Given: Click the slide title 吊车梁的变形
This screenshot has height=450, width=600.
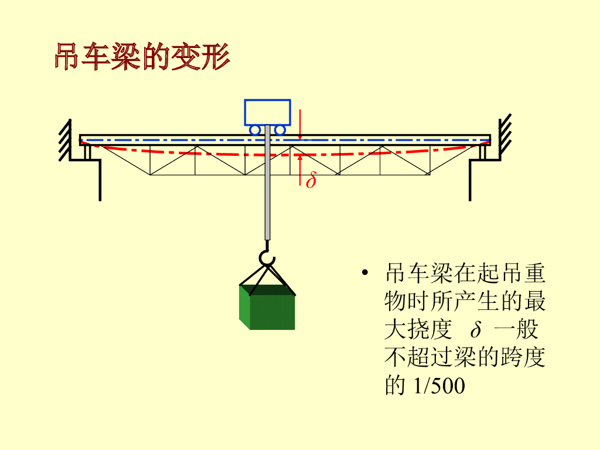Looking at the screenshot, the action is [142, 57].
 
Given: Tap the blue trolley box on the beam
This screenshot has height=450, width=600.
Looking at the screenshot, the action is [267, 112].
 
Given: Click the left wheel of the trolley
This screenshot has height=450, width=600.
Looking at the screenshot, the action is [255, 129].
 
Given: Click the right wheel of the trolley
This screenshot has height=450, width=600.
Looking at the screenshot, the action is [280, 129].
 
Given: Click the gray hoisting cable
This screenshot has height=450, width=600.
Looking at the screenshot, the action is [268, 187].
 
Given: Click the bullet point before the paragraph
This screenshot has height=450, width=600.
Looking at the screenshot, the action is [366, 274].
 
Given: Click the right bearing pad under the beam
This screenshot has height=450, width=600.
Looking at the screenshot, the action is [483, 152].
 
